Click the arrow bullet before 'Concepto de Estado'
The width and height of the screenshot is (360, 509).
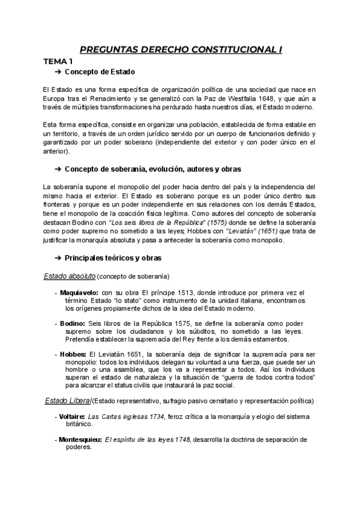click(58, 72)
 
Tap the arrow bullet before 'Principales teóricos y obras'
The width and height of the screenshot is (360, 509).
click(58, 258)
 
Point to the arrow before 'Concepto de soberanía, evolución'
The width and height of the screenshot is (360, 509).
click(58, 169)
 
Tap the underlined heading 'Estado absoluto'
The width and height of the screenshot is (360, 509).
click(70, 276)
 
